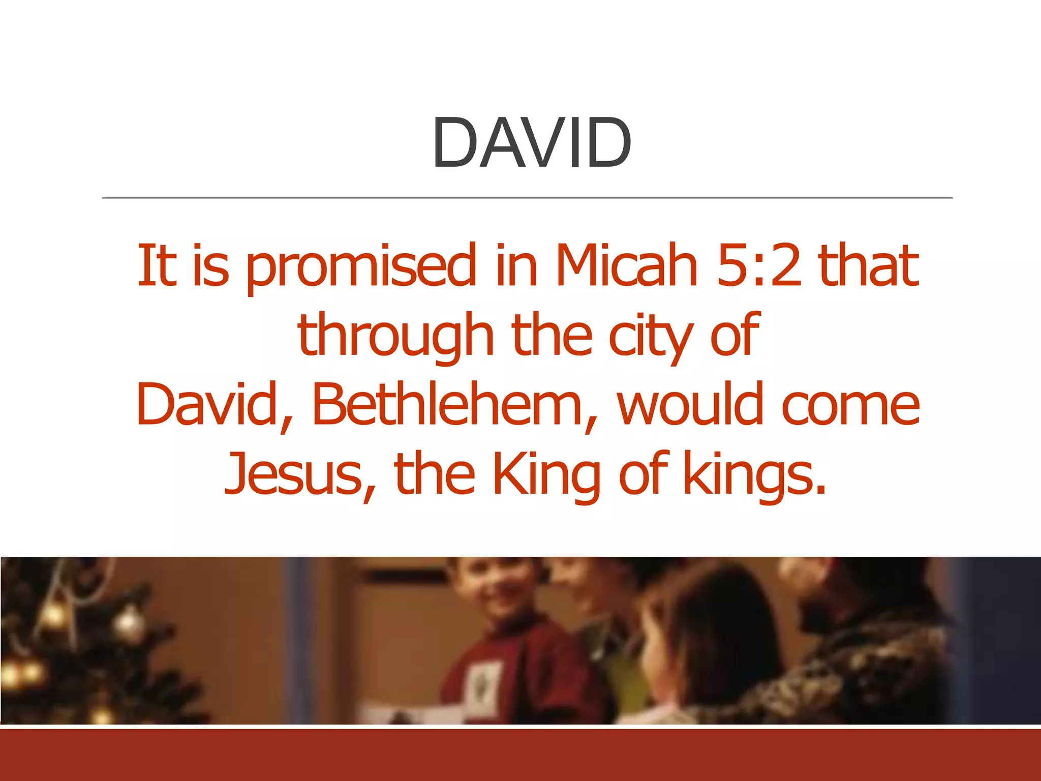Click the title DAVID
[x=532, y=143]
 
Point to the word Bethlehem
[x=447, y=405]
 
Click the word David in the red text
[x=205, y=405]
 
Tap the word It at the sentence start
[x=157, y=265]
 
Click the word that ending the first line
[x=869, y=265]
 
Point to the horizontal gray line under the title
[x=527, y=198]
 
